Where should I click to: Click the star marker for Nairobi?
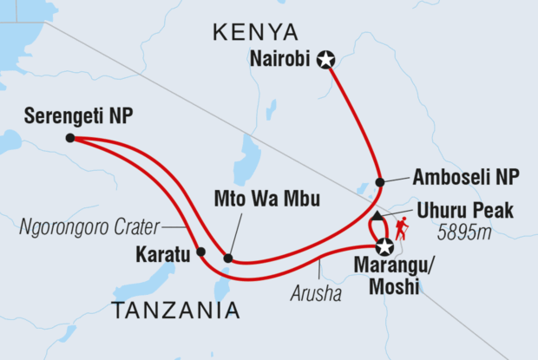(x=325, y=60)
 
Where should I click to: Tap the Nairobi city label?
(x=281, y=60)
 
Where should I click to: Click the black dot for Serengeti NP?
(x=69, y=137)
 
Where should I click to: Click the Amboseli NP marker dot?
(x=379, y=182)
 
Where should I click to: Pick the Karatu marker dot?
(x=200, y=252)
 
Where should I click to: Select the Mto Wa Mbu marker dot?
(x=227, y=258)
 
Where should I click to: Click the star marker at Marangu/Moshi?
(x=380, y=248)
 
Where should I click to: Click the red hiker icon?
(x=402, y=229)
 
